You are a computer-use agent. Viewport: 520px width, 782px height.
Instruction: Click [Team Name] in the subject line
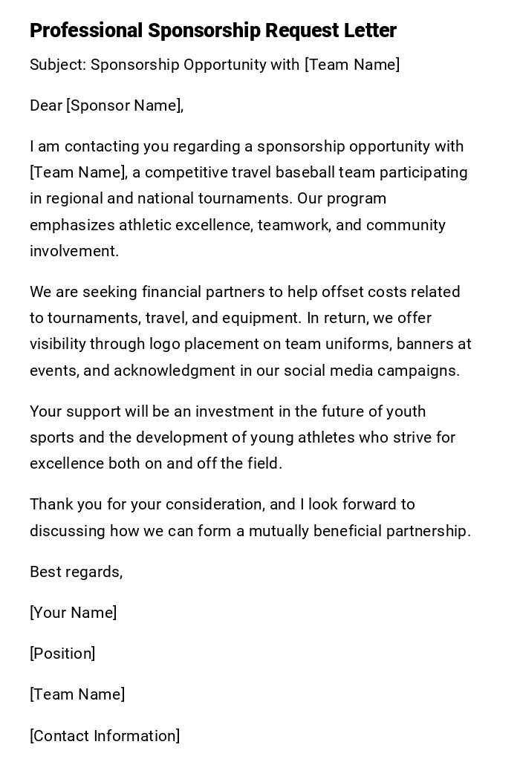coord(352,65)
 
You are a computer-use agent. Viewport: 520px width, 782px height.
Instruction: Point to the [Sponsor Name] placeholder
coord(125,105)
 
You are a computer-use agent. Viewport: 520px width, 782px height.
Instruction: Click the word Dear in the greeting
coord(45,105)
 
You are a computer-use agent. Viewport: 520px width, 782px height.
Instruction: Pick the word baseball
coord(303,172)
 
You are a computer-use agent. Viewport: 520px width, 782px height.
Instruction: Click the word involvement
coord(74,251)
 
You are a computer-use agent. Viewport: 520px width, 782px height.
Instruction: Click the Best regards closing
coord(76,572)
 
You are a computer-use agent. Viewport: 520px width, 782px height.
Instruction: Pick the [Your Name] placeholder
coord(73,613)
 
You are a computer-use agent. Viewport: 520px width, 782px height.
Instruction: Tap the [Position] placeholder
coord(62,654)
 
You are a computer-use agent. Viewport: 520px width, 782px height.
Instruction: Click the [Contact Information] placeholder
coord(105,736)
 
